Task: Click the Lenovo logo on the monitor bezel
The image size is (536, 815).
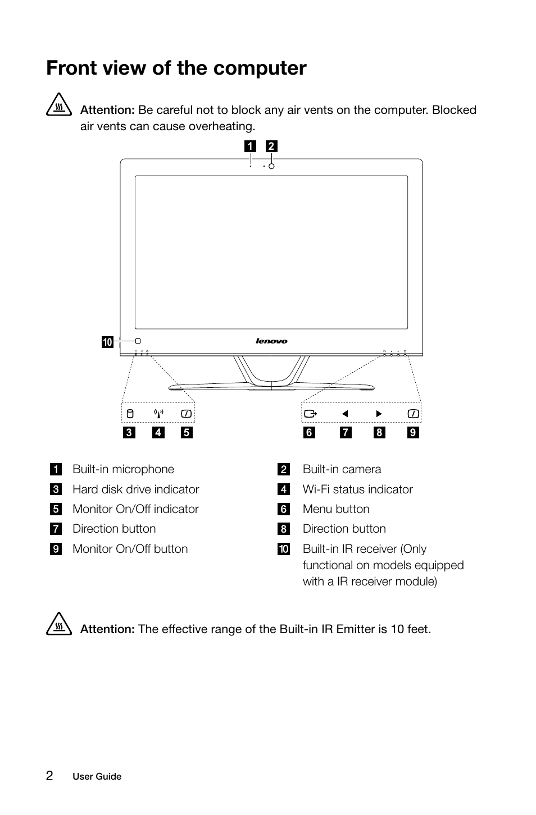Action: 271,341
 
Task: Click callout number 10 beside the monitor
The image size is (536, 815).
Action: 107,342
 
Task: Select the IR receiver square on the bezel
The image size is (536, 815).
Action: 138,341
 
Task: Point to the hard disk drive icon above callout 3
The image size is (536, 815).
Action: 129,414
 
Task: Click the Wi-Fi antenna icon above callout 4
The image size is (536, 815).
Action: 158,414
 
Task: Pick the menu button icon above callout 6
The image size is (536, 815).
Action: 310,414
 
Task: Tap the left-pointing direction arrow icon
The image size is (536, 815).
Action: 345,414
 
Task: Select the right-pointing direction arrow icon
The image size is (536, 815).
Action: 379,414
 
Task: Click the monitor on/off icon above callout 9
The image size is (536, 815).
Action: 414,414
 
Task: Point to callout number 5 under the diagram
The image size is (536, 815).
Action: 187,433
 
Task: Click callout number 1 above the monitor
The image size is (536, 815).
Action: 249,146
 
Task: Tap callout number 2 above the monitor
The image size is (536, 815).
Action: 271,146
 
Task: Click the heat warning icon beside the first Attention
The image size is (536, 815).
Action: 58,107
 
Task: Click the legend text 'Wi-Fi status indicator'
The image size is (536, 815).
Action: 357,489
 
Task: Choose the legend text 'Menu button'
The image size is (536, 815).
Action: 336,509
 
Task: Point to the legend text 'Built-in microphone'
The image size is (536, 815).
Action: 123,469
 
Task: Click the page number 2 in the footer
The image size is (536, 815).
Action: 49,776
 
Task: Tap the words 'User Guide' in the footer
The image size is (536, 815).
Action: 97,777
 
